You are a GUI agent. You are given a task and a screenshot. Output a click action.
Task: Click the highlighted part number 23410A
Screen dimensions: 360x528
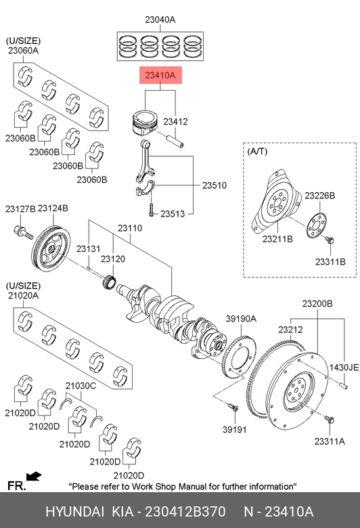[160, 75]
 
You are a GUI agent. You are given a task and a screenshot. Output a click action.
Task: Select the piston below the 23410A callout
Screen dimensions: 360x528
[144, 123]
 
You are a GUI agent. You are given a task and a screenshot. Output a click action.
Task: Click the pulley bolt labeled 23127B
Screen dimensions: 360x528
[23, 232]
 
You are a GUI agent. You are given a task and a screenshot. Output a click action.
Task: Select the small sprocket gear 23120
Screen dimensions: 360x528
[110, 282]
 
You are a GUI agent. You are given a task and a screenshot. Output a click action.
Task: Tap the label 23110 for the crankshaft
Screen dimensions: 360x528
[130, 228]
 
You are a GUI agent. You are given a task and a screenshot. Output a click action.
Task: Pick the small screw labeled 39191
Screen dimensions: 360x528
[233, 408]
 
